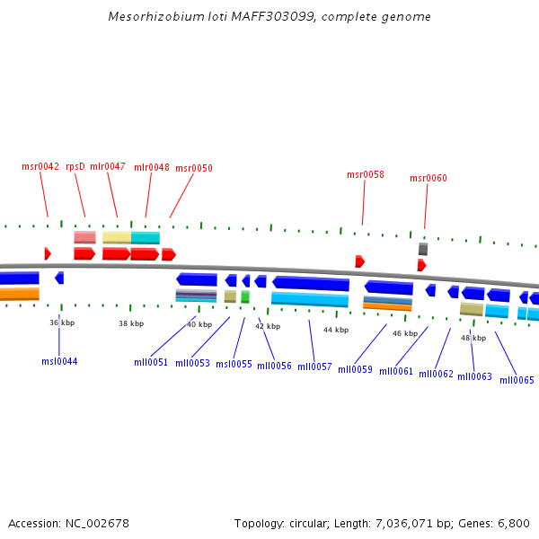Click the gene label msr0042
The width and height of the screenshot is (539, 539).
40,166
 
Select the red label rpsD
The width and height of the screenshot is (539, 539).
75,166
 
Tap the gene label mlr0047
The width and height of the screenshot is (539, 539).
108,166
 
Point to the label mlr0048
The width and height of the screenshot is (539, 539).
152,167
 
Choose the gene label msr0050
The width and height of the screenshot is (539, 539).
194,168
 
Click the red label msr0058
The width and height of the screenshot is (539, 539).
366,174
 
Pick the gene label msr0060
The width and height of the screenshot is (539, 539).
429,178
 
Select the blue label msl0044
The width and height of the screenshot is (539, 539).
59,361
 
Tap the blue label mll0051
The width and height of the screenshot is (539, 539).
151,362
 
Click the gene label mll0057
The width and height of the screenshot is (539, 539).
315,367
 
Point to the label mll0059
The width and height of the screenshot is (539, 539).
356,369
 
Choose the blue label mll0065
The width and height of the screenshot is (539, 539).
517,380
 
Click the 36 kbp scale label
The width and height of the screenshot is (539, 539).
60,323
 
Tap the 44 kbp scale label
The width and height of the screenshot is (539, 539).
335,330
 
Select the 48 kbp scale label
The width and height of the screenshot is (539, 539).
473,338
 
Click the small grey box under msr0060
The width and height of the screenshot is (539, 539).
423,249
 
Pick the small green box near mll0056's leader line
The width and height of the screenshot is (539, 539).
245,296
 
